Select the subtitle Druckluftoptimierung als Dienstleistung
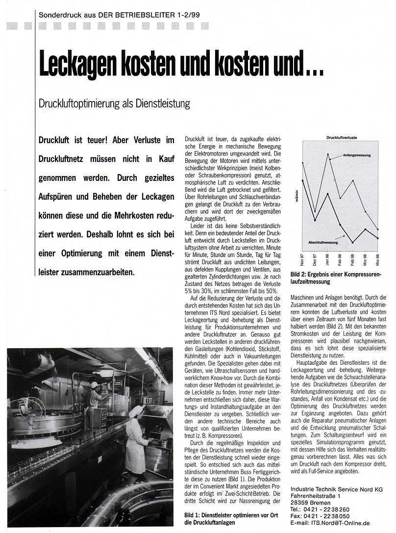[x=114, y=104]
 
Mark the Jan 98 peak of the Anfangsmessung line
[x=328, y=154]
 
